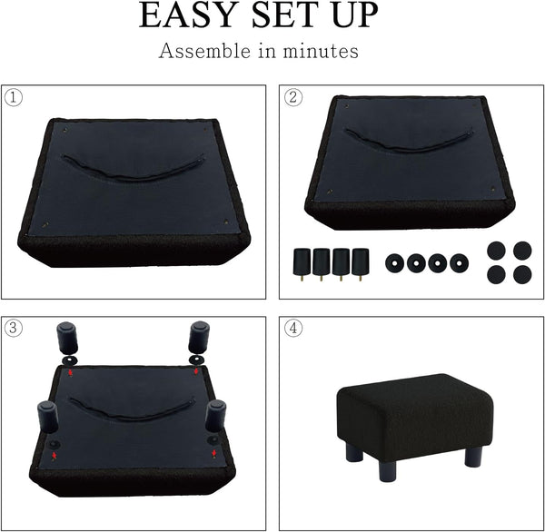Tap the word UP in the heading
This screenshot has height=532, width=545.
tap(355, 15)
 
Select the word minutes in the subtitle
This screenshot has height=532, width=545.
tap(321, 51)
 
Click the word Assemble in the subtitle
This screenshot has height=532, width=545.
tap(204, 51)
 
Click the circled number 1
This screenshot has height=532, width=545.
tap(14, 98)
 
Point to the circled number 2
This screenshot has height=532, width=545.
tap(293, 97)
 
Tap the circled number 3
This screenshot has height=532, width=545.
tap(14, 328)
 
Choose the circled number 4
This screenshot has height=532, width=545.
tap(293, 328)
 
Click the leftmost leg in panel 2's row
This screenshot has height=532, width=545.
tap(302, 264)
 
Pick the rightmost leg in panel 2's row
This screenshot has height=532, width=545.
tap(360, 264)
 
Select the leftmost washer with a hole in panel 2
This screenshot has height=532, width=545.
tap(395, 263)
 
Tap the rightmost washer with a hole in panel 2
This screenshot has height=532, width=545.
tap(459, 263)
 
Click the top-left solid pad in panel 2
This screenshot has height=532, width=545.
tap(496, 251)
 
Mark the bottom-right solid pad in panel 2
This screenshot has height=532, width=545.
tap(522, 274)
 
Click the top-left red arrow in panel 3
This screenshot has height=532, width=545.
tap(71, 373)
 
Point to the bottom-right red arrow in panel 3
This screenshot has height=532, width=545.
tap(214, 453)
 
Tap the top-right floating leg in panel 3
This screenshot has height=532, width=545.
tap(199, 337)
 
